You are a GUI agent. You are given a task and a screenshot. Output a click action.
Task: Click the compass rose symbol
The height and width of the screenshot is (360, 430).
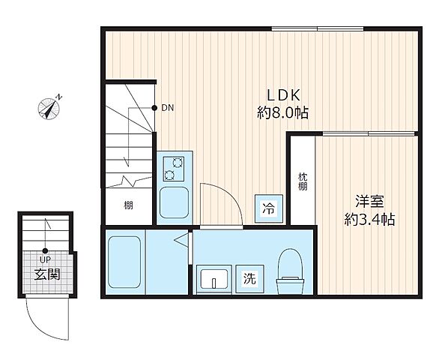(49, 108)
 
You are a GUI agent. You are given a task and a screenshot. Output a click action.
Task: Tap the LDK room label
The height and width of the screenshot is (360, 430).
(284, 95)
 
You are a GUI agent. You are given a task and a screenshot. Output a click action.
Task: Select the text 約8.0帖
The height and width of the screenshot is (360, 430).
(282, 112)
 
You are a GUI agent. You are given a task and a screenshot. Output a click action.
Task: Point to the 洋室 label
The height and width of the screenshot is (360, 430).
(369, 201)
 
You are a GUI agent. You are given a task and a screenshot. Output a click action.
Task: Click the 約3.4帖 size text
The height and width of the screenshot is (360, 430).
(369, 219)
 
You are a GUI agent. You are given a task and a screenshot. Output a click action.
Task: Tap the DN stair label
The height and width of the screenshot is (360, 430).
(167, 108)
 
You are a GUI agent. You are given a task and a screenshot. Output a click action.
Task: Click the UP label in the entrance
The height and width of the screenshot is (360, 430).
(45, 259)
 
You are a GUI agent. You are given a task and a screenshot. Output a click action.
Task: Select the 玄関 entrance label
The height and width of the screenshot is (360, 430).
(47, 274)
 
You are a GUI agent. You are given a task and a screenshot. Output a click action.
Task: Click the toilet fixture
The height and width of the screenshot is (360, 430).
(291, 271)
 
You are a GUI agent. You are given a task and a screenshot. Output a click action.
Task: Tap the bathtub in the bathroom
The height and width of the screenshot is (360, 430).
(124, 262)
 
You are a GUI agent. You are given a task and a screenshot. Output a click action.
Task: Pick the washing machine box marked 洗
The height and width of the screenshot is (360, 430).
(249, 279)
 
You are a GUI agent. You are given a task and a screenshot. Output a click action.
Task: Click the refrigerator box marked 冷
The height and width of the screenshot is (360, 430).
(269, 208)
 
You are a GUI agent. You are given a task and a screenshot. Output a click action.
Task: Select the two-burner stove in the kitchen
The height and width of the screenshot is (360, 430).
(174, 169)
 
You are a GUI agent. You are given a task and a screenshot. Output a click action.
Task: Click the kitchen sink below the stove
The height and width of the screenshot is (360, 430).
(174, 202)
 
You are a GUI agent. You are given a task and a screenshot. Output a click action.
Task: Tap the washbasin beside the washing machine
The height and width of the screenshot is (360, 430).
(214, 279)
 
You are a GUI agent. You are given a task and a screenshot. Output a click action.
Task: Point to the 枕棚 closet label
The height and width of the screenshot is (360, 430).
(303, 181)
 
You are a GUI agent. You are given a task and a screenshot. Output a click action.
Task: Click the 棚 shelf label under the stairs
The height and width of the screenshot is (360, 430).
(128, 205)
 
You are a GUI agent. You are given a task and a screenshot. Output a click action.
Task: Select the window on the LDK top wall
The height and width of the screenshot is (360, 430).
(318, 28)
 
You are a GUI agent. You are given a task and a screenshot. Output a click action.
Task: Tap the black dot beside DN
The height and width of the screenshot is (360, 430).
(154, 108)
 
